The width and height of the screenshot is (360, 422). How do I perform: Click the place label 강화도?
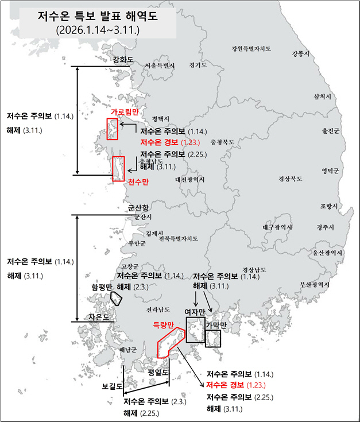pyautogui.click(x=123, y=59)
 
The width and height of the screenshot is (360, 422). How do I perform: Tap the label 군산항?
pyautogui.click(x=138, y=207)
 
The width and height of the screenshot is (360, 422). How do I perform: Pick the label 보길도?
pyautogui.click(x=112, y=386)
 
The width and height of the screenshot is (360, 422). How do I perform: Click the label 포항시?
pyautogui.click(x=329, y=206)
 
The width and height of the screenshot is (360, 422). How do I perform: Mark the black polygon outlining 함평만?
pyautogui.click(x=116, y=298)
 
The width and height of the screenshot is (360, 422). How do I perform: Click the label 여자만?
pyautogui.click(x=195, y=312)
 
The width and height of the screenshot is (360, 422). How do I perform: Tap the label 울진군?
pyautogui.click(x=331, y=131)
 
